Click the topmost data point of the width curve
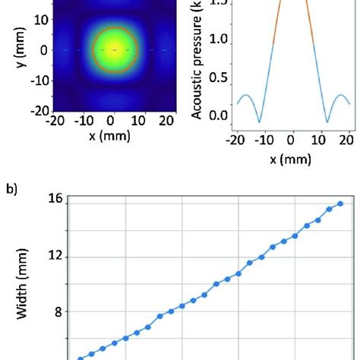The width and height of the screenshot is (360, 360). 341,204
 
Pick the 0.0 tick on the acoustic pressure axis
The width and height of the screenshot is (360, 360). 216,116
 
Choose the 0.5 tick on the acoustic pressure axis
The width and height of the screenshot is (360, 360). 216,77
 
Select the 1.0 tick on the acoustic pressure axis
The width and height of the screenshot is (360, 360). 216,39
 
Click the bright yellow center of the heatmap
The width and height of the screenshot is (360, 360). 114,50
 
